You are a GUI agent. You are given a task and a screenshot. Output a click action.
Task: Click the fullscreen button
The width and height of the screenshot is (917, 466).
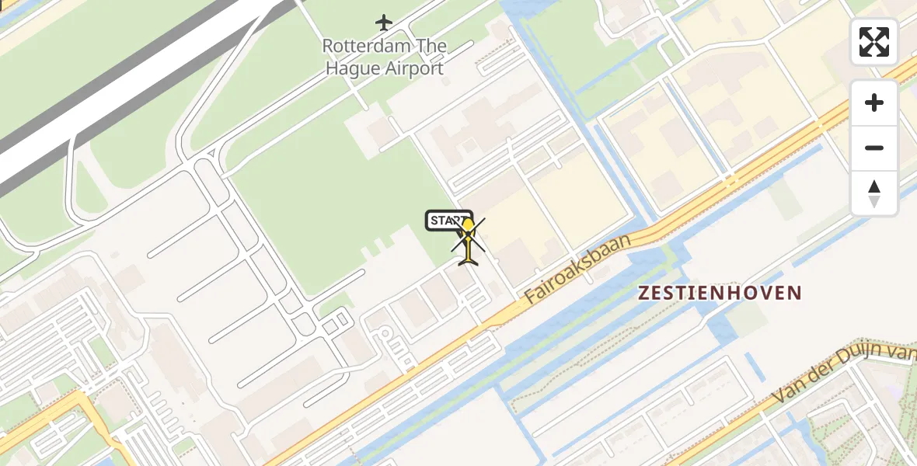(874, 42)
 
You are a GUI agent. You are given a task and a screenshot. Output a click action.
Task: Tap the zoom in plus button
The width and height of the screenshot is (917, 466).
(874, 103)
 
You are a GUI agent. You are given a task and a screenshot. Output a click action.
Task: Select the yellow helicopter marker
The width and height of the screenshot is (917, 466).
(468, 242)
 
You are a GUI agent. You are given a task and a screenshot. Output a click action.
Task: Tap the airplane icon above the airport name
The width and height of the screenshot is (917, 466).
(384, 22)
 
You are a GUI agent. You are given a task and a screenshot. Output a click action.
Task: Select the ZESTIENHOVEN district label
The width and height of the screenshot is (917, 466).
(719, 293)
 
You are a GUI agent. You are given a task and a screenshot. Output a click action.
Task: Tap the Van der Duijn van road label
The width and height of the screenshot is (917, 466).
(843, 375)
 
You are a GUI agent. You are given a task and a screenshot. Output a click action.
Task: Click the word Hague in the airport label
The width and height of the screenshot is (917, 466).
(353, 68)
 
